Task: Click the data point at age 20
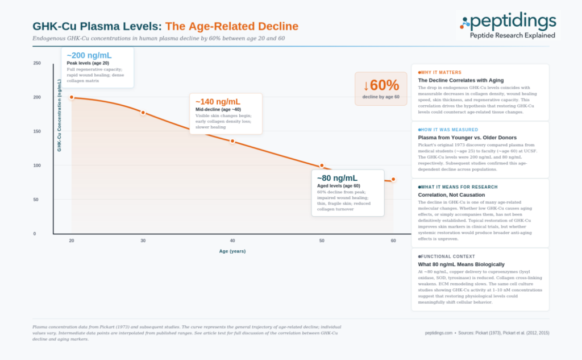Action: click(x=72, y=97)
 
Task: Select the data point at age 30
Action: click(x=143, y=113)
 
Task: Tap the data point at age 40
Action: click(x=232, y=141)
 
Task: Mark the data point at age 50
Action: click(x=322, y=166)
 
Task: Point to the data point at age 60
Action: click(x=393, y=180)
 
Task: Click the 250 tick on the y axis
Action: click(x=37, y=63)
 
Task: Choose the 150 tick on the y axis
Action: click(x=37, y=131)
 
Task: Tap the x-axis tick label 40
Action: click(x=232, y=241)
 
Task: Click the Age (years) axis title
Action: click(x=232, y=251)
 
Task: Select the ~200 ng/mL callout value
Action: click(x=89, y=55)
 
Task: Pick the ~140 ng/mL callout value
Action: click(x=218, y=102)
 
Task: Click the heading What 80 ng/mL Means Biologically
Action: click(x=461, y=264)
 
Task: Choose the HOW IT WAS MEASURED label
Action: click(x=448, y=130)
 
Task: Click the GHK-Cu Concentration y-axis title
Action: click(x=59, y=115)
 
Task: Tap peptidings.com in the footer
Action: click(x=439, y=333)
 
